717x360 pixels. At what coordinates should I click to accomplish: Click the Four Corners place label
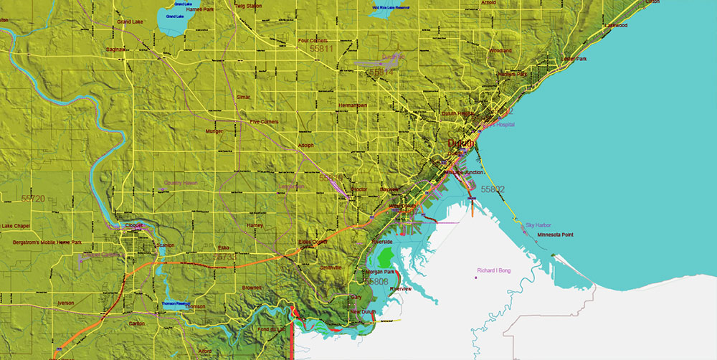coord(313,41)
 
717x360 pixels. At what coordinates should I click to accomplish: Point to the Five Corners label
coord(264,122)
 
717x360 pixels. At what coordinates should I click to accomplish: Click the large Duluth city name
coord(461,143)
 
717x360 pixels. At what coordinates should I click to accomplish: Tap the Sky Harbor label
coord(538,225)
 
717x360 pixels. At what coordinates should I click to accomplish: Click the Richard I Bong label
coord(496,270)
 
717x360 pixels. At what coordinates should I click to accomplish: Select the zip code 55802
coord(493,189)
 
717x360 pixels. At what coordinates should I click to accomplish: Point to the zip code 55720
coord(33,198)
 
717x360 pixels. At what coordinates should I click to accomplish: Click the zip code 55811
coord(320,49)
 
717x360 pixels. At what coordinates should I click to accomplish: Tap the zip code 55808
coord(376,282)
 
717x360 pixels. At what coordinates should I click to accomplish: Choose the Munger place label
coord(214,132)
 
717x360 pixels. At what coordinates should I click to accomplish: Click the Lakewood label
coord(615,25)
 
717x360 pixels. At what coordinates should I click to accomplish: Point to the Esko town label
coord(223,248)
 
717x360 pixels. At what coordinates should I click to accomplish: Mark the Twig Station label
coord(248,5)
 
